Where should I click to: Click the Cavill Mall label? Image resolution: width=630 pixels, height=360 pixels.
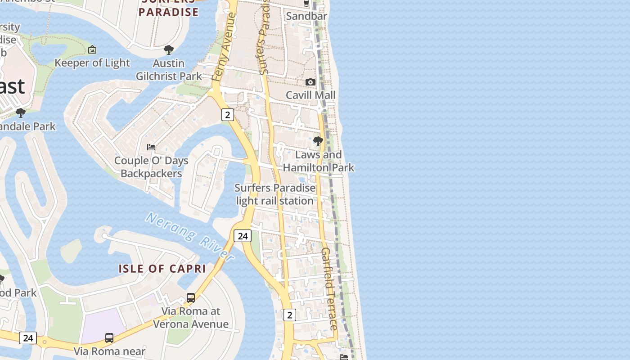coord(310,95)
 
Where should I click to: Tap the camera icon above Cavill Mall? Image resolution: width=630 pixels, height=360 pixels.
coord(310,82)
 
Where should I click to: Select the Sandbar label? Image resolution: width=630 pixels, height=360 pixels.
coord(306,16)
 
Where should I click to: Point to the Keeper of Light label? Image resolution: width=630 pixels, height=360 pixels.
coord(92,63)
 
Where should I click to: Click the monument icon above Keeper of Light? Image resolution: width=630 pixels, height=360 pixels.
coord(92,49)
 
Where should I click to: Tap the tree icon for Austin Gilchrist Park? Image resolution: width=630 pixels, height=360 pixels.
coord(169,49)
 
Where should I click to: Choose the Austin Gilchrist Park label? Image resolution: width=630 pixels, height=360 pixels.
coord(169,70)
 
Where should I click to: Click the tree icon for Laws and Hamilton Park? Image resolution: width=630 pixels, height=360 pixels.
coord(318,141)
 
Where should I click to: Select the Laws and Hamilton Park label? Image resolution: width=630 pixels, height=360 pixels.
coord(318,161)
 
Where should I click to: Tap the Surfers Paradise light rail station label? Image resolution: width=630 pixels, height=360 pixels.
coord(275,194)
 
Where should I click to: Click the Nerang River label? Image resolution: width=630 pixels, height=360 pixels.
coord(190,237)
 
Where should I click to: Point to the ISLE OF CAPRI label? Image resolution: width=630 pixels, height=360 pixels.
coord(162,269)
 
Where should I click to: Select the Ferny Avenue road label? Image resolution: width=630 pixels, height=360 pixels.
coord(224,47)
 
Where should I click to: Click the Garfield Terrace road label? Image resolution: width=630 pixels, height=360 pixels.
coord(329,288)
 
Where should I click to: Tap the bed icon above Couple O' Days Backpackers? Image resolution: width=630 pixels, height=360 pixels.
coord(151,147)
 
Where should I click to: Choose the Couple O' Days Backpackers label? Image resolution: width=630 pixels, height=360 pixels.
coord(151,167)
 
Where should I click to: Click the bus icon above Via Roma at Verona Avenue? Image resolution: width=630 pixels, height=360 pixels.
coord(191,298)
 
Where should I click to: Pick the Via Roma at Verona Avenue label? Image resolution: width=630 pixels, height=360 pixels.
coord(191,318)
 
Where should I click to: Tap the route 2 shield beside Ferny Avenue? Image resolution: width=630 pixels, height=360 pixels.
coord(228,115)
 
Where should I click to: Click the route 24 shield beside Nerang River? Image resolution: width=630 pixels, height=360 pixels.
coord(243,236)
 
